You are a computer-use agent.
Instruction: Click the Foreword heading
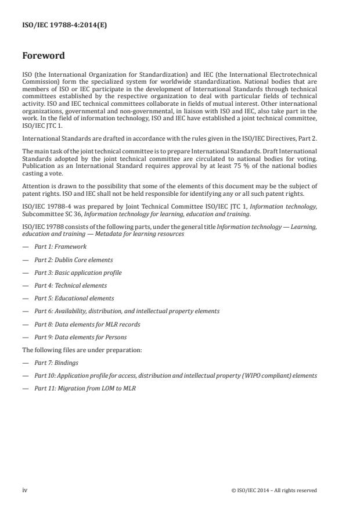coord(43,56)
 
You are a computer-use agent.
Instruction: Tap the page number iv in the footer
coord(25,490)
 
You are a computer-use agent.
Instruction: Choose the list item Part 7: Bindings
coord(56,363)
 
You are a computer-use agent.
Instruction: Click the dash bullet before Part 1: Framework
coord(25,247)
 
